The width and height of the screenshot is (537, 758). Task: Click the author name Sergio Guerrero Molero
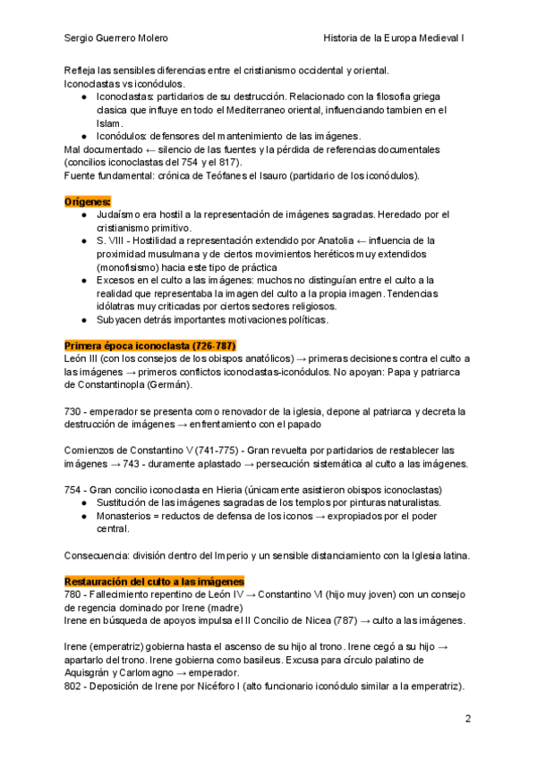coord(116,38)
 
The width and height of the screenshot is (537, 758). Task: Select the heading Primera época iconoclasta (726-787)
coord(149,345)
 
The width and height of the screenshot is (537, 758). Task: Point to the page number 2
coord(467,718)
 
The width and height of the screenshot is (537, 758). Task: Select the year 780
coord(74,594)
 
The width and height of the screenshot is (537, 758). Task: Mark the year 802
coord(74,686)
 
